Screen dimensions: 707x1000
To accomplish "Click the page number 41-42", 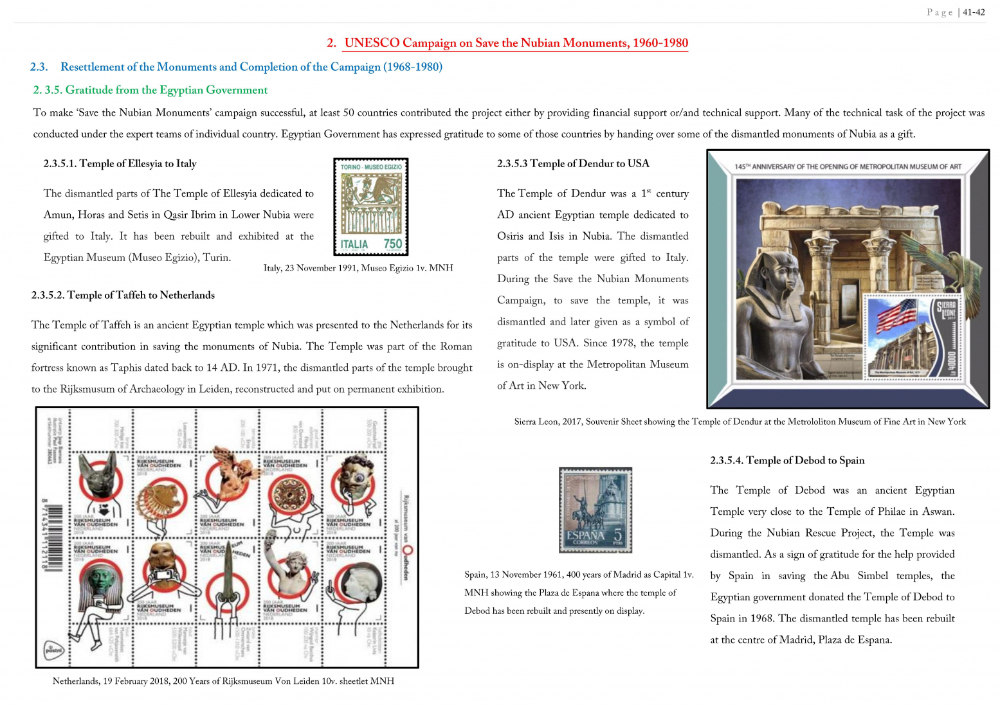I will click(973, 12).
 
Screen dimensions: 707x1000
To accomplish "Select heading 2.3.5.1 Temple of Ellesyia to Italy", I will click(120, 163).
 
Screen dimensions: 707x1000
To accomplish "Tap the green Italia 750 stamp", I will click(371, 207).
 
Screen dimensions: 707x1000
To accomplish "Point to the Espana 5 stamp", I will click(595, 510).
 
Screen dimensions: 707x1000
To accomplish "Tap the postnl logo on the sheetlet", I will click(53, 650).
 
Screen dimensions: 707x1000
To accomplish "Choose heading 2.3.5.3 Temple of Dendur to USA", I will click(573, 163).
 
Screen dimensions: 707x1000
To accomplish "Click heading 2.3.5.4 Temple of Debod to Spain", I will click(787, 460).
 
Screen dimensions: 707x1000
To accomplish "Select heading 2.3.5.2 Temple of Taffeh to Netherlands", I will click(123, 295).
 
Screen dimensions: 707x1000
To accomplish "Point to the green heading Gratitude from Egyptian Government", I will click(150, 90).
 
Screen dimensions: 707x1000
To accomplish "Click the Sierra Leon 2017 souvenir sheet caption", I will click(740, 422).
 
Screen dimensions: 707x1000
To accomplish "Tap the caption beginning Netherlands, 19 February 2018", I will click(223, 681).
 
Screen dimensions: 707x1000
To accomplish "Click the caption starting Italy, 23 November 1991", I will click(358, 268).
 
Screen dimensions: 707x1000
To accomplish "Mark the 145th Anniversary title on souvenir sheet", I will click(848, 167).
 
